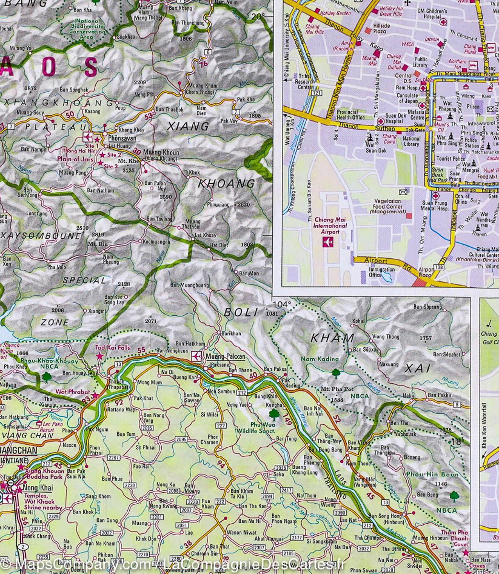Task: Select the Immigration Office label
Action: point(382,272)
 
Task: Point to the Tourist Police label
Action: point(451,159)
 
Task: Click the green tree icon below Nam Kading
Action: point(335,372)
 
